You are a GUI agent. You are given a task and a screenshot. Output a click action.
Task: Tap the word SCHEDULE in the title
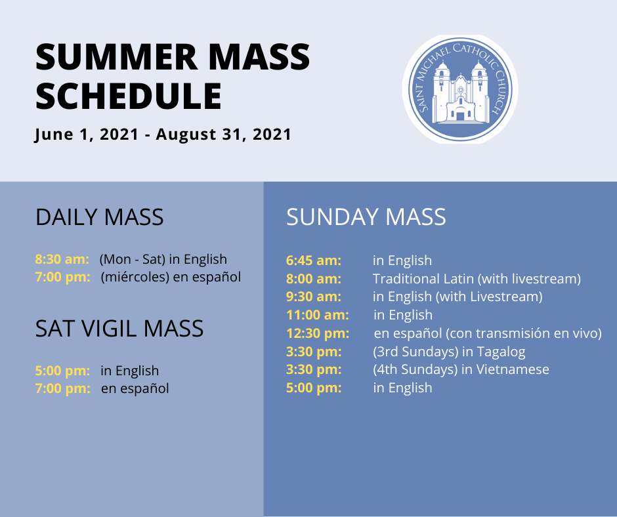pos(129,96)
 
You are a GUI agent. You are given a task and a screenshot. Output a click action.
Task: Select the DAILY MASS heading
pos(99,218)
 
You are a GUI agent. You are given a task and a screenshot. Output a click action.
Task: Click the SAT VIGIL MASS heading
pos(119,328)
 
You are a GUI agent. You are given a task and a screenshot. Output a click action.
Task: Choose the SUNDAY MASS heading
pos(366,217)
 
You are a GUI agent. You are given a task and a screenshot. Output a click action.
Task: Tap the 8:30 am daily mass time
pos(62,259)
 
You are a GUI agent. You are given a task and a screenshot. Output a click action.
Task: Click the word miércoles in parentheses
pos(136,277)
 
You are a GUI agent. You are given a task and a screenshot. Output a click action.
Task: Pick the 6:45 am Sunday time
pos(313,260)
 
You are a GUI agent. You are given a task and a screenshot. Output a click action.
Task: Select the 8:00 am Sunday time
pos(313,279)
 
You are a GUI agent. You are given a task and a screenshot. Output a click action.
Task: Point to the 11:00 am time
pos(317,315)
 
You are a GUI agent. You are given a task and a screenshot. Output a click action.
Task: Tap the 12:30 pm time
pos(318,333)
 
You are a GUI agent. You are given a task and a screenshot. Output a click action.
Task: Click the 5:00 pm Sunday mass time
pos(314,388)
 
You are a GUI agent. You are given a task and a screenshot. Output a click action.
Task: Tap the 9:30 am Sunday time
pos(313,297)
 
